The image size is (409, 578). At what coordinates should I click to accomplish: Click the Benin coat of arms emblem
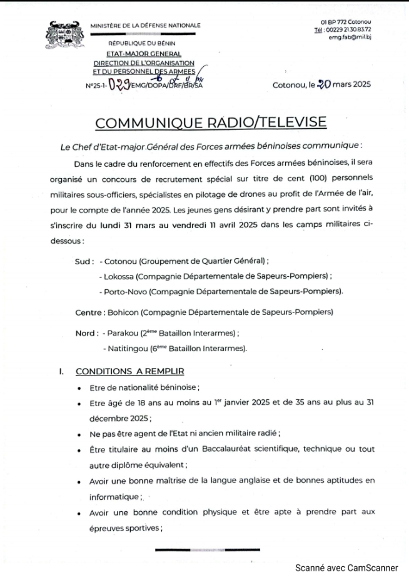pos(65,34)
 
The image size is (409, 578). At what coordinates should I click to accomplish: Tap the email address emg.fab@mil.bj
pos(350,37)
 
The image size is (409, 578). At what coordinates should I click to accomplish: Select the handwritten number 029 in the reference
pos(119,85)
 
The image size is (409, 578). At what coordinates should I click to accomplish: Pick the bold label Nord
pos(86,333)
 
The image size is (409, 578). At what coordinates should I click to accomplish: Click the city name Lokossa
pos(119,276)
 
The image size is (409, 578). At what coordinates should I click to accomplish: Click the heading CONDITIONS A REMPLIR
pos(130,371)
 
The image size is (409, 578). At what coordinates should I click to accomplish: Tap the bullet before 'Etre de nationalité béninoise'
pos(78,388)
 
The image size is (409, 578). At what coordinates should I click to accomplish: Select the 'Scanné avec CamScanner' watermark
pos(346,567)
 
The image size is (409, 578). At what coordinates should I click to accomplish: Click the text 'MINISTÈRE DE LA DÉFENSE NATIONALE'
pos(145,26)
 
